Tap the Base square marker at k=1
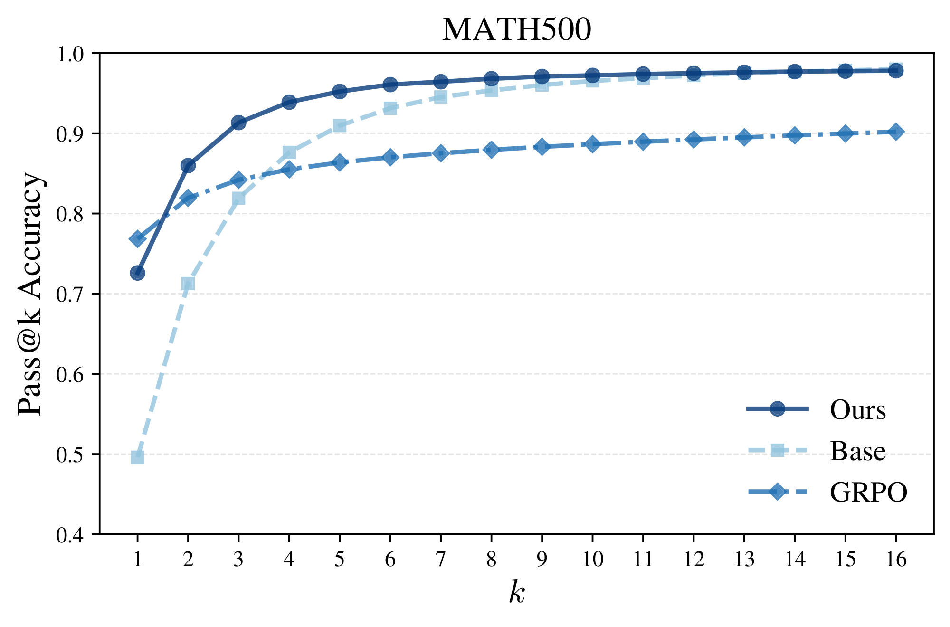(x=137, y=457)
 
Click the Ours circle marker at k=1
(x=137, y=273)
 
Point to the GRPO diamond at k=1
(x=137, y=239)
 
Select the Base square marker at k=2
(x=188, y=284)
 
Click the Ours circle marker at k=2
(x=188, y=166)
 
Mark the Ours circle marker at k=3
(x=238, y=123)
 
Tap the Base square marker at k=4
(x=289, y=152)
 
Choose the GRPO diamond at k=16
(x=896, y=132)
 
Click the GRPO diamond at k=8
(x=491, y=150)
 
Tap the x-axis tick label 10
(x=592, y=560)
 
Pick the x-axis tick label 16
(x=896, y=560)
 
